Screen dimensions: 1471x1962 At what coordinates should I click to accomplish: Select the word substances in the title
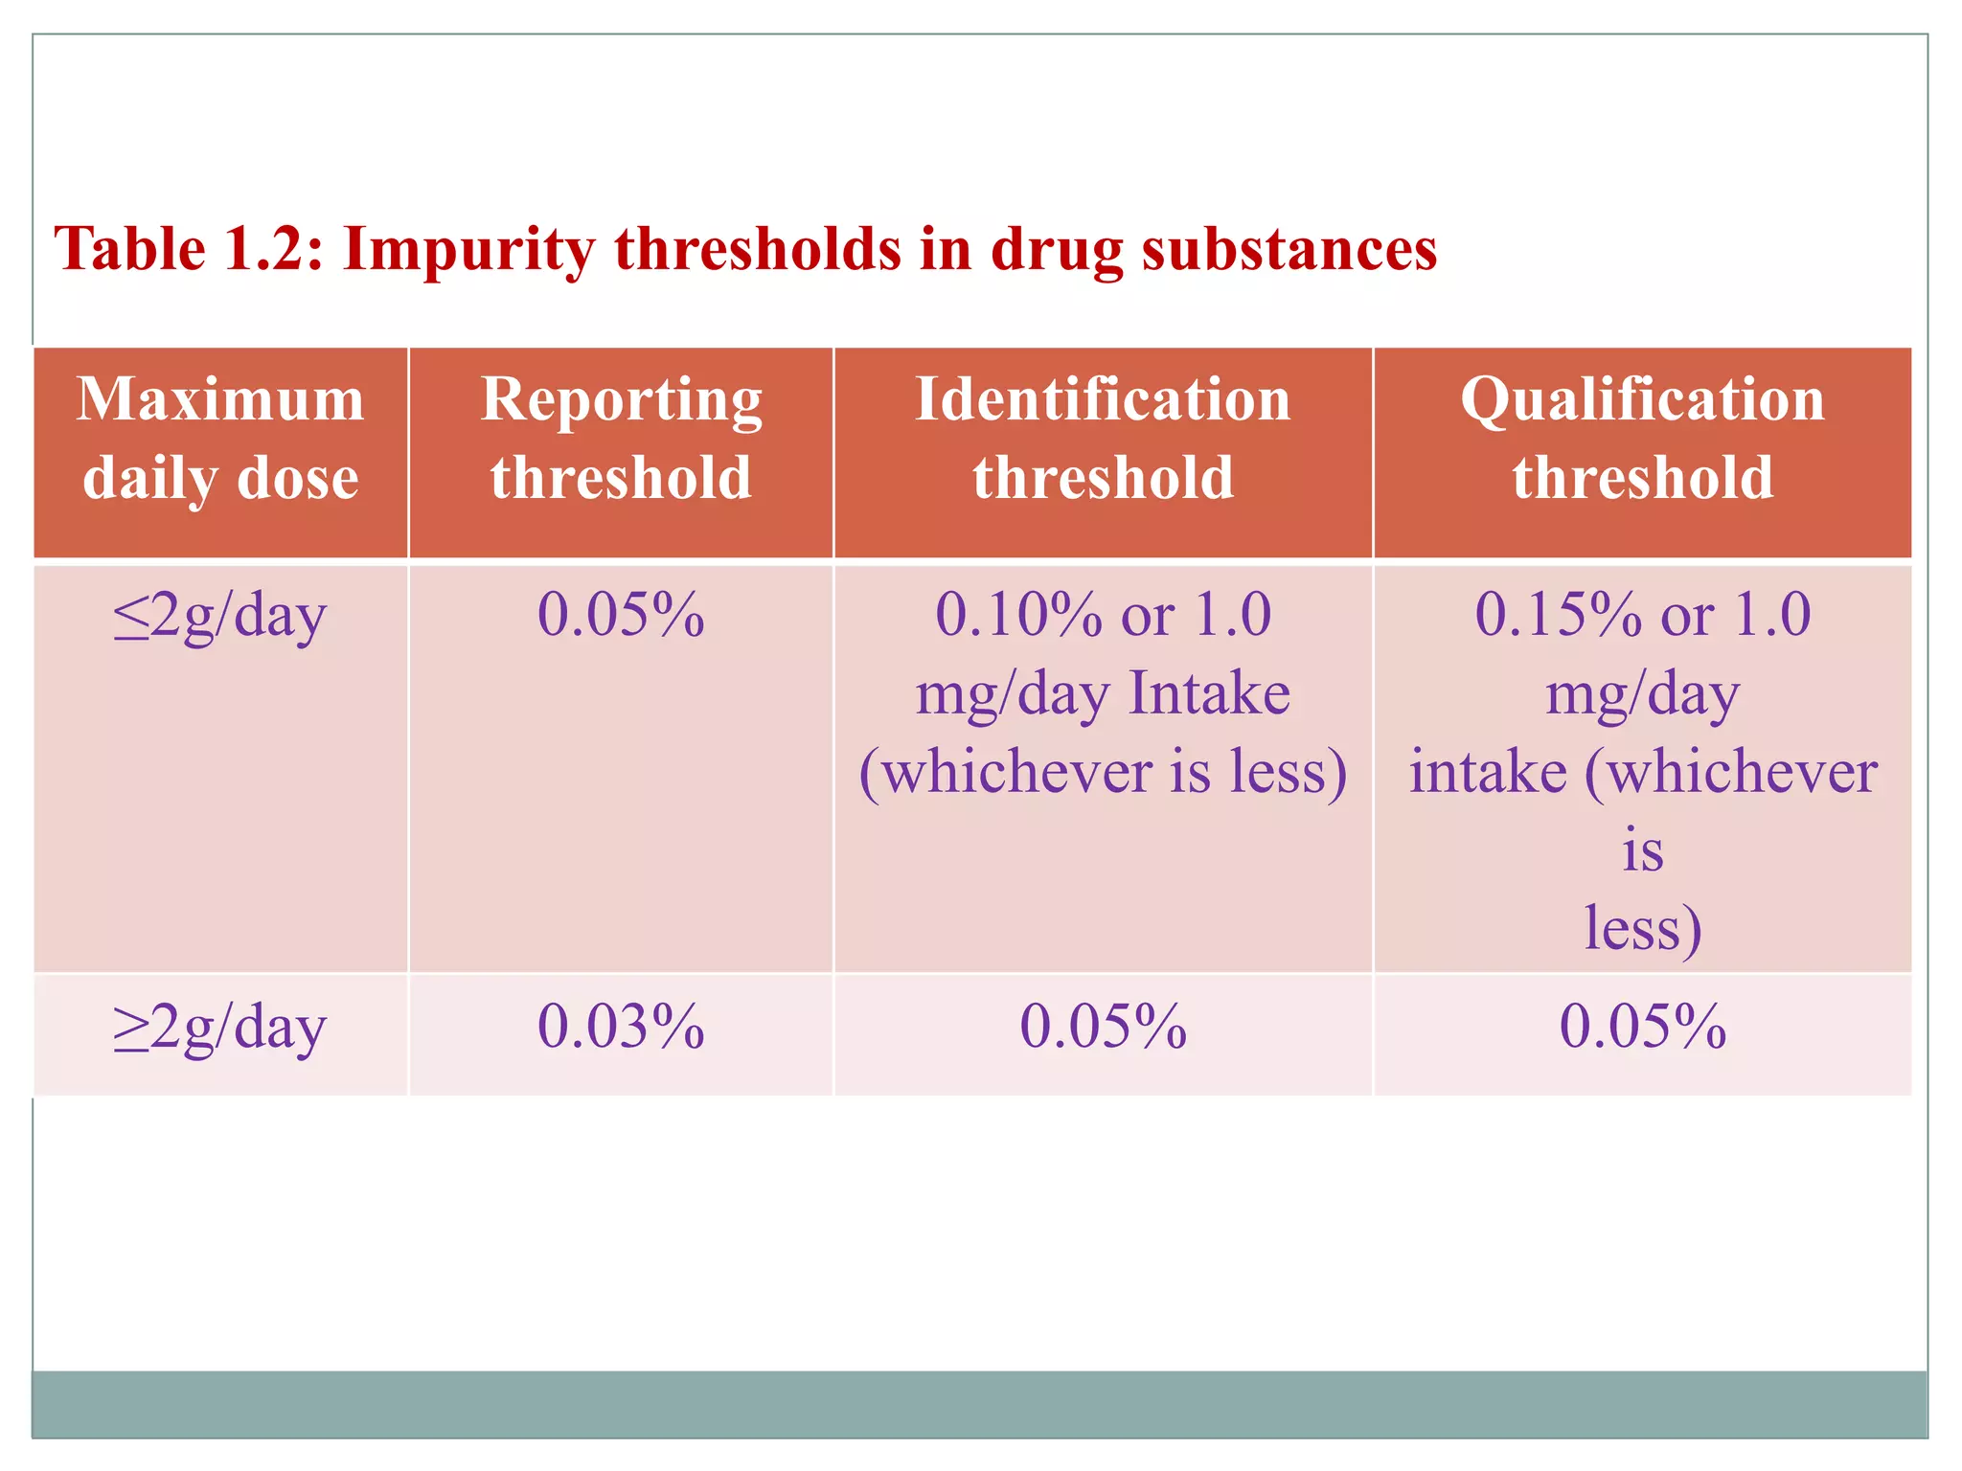pyautogui.click(x=1289, y=249)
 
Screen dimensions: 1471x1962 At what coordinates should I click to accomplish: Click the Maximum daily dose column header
pyautogui.click(x=220, y=438)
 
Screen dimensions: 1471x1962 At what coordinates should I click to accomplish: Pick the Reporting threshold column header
pyautogui.click(x=621, y=438)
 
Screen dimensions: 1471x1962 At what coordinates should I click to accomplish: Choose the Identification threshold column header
pyautogui.click(x=1103, y=438)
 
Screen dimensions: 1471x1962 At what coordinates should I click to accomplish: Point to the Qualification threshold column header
pyautogui.click(x=1642, y=438)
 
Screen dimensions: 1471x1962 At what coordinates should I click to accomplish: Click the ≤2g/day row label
pyautogui.click(x=220, y=615)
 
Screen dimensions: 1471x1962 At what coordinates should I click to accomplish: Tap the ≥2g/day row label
pyautogui.click(x=220, y=1028)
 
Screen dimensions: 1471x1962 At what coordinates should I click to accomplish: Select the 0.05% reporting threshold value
pyautogui.click(x=621, y=615)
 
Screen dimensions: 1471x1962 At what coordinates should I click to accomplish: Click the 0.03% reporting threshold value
pyautogui.click(x=621, y=1028)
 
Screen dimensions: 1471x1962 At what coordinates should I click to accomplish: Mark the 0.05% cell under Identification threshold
pyautogui.click(x=1103, y=1028)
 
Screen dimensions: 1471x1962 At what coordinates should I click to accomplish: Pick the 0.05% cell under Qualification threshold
pyautogui.click(x=1642, y=1028)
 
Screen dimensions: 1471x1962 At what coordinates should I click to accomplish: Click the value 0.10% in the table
pyautogui.click(x=1017, y=615)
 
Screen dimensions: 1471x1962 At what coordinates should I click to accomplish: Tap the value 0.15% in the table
pyautogui.click(x=1558, y=615)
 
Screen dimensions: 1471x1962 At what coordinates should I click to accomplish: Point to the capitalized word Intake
pyautogui.click(x=1209, y=693)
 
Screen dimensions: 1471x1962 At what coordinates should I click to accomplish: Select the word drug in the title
pyautogui.click(x=1056, y=251)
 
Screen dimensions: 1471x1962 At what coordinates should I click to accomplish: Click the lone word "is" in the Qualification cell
pyautogui.click(x=1642, y=850)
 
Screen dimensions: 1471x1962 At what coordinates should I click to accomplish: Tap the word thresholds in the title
pyautogui.click(x=757, y=249)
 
